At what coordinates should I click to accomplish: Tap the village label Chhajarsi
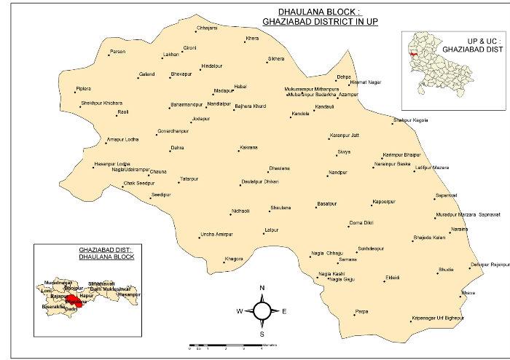(207, 28)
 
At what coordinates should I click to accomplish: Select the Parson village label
(117, 52)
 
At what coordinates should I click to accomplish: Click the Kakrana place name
(248, 148)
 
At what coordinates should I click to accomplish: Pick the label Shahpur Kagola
(411, 120)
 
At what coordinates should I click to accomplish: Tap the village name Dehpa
(343, 77)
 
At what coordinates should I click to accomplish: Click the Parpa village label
(361, 311)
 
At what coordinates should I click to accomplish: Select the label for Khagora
(234, 259)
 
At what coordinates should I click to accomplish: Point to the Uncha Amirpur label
(216, 234)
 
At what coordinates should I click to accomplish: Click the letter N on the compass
(262, 289)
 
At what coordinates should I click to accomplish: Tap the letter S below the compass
(262, 334)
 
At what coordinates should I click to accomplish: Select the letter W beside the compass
(238, 311)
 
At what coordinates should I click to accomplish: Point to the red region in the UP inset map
(413, 53)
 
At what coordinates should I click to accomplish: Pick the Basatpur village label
(328, 202)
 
